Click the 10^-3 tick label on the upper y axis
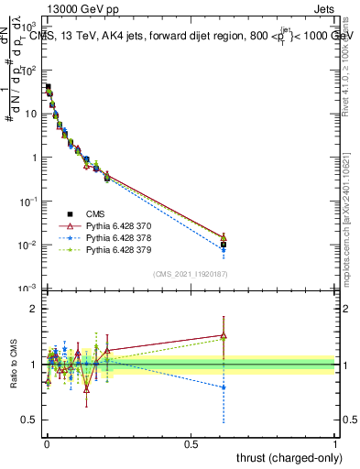(28, 289)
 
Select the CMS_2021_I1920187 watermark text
(191, 273)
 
